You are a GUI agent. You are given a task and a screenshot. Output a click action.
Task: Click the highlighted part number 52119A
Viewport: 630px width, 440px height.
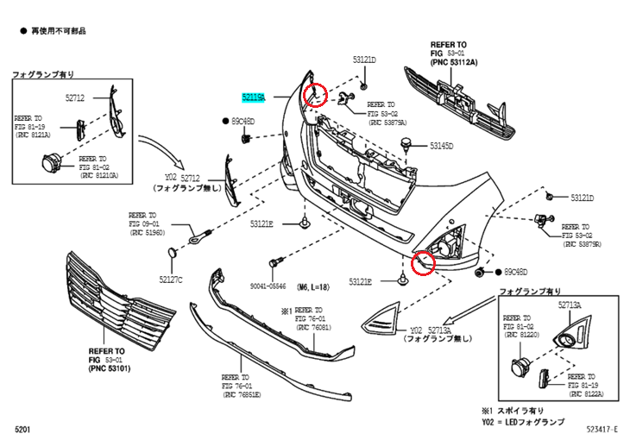[253, 98]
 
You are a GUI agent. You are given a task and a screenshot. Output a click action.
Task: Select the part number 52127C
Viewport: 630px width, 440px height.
[170, 279]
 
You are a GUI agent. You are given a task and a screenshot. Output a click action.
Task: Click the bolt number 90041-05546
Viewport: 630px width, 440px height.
[268, 286]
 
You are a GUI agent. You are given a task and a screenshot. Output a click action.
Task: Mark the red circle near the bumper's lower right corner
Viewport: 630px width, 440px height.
[423, 262]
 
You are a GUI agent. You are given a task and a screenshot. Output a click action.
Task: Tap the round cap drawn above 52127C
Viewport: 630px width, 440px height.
[172, 252]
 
